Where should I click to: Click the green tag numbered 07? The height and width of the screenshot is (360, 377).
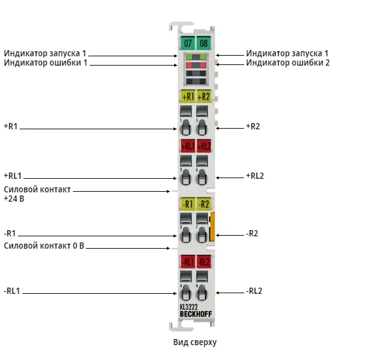click(187, 43)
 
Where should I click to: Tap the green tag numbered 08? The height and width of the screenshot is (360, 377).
click(204, 43)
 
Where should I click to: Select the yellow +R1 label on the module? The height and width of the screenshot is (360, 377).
click(188, 96)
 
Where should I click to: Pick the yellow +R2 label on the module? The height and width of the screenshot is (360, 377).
click(204, 96)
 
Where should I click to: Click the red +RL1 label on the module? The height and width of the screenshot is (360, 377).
click(188, 146)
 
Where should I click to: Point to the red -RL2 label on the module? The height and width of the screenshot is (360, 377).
click(204, 261)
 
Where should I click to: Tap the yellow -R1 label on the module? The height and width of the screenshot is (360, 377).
click(188, 204)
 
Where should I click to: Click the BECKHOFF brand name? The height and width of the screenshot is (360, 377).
click(196, 314)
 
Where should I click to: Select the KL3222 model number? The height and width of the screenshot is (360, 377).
click(188, 307)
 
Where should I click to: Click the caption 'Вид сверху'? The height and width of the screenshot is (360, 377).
click(195, 342)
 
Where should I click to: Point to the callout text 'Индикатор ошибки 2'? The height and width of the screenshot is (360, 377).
click(287, 62)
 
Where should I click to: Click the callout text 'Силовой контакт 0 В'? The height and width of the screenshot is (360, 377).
click(44, 246)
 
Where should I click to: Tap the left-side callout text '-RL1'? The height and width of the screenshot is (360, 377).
click(12, 291)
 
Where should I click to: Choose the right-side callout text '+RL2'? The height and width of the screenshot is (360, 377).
click(255, 176)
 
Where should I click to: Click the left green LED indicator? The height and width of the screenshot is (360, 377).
click(189, 57)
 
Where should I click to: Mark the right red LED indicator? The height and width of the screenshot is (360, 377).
click(203, 65)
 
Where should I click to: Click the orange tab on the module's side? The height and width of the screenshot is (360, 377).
click(212, 226)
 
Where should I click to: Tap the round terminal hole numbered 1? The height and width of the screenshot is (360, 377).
click(185, 127)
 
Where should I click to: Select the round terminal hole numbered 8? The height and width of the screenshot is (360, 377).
click(201, 293)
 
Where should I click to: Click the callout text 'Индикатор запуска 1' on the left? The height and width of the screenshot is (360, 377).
click(44, 53)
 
